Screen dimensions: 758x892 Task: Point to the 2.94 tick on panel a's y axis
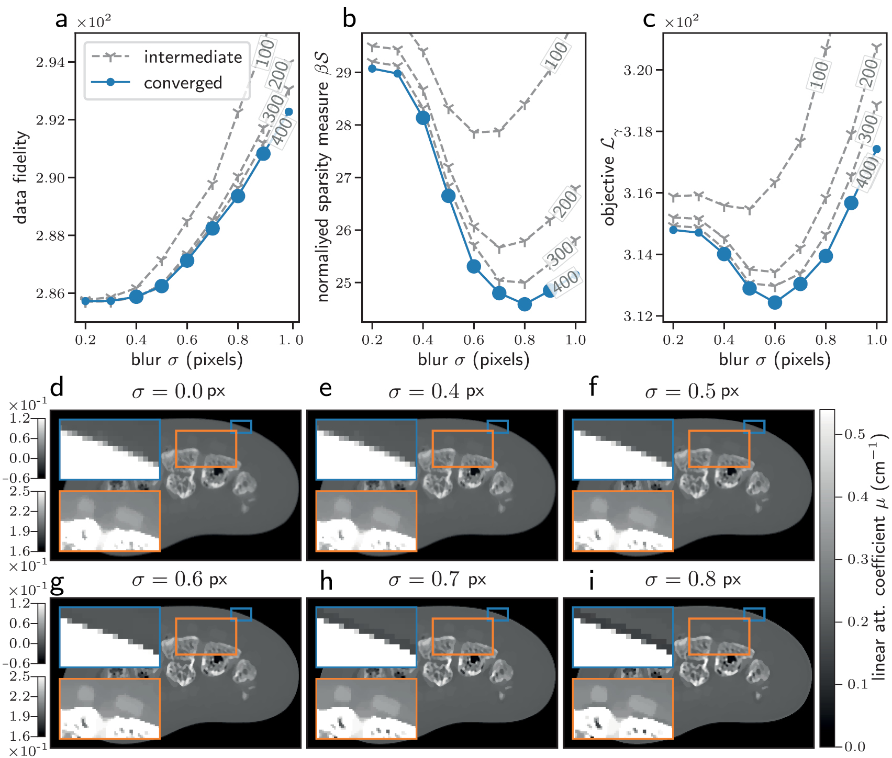pos(51,62)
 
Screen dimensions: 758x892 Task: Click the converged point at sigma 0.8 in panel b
pos(525,304)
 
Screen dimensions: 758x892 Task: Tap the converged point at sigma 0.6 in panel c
pos(775,302)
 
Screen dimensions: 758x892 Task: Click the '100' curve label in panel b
pos(556,55)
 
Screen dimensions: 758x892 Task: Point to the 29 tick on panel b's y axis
pos(343,72)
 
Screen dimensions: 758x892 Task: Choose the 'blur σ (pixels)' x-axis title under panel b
pos(473,359)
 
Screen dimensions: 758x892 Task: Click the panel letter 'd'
pos(57,388)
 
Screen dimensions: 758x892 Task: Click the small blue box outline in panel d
pos(241,426)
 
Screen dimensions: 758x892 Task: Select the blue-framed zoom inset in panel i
pos(622,637)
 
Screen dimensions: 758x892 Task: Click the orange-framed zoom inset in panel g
pos(109,708)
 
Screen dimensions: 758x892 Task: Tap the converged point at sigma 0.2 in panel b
pos(372,69)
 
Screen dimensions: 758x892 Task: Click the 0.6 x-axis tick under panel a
pos(187,340)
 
